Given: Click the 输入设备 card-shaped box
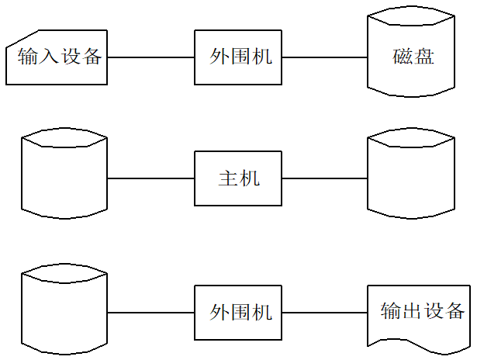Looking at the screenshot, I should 57,57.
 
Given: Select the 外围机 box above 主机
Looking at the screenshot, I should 237,57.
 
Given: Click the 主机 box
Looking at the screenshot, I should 237,178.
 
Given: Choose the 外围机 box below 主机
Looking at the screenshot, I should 237,313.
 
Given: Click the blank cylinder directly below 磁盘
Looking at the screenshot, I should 411,174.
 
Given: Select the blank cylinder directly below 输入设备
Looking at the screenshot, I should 65,174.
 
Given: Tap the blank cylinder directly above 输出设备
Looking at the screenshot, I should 411,174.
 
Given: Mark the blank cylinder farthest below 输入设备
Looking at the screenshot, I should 65,309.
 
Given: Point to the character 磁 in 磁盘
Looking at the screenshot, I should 402,57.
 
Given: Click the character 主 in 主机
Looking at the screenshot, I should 227,178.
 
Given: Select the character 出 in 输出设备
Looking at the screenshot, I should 412,312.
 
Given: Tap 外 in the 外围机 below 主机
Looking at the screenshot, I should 219,313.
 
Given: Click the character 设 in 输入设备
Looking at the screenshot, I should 71,57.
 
